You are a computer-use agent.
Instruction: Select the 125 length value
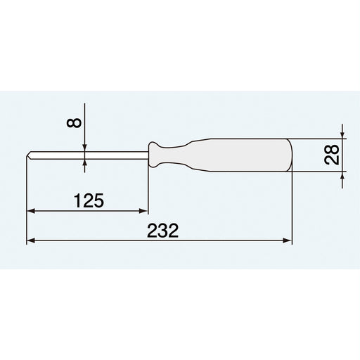pos(89,200)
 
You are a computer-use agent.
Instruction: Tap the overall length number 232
pos(164,230)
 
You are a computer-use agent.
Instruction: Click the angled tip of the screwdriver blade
pos(30,155)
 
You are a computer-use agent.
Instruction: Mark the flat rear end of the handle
pos(290,155)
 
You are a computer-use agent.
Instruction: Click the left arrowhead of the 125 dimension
pos(31,210)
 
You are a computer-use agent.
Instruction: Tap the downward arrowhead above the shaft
pos(84,147)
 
